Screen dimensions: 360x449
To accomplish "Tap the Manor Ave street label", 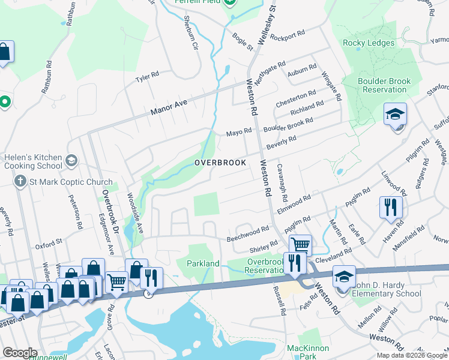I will coord(169,108).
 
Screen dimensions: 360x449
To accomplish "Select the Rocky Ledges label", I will coord(369,43).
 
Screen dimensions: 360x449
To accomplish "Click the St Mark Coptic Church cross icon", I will coord(20,182).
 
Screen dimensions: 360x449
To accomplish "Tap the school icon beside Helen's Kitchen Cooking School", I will coord(71,160).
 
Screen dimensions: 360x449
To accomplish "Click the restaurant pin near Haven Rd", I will coord(391,208).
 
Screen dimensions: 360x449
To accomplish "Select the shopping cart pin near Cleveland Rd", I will coord(300,245).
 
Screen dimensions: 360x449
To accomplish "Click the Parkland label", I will coord(203,263).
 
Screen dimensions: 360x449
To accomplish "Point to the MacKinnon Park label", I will coord(310,352).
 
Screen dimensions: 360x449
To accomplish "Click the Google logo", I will coord(20,353).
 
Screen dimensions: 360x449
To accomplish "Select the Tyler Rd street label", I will coord(146,77).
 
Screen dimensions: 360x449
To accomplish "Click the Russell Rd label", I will coord(280,300).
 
